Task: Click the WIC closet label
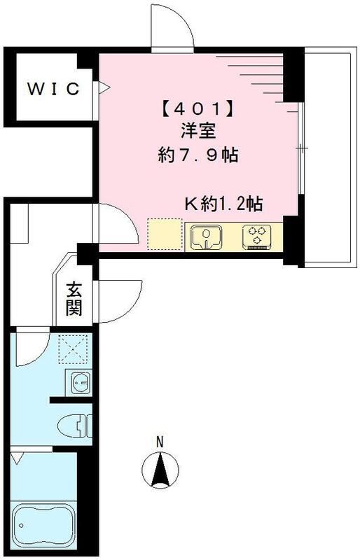(x=53, y=89)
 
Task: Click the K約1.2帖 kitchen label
(x=223, y=204)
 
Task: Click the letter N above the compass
(x=160, y=442)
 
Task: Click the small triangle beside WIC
(x=104, y=88)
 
